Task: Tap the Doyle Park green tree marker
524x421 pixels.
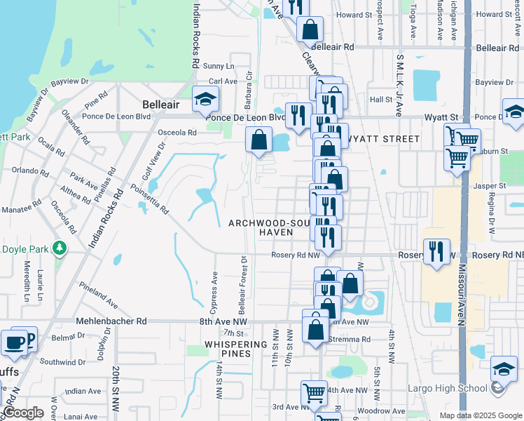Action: click(60, 248)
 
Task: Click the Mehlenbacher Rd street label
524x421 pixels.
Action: click(111, 321)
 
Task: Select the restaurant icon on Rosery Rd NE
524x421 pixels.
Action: click(436, 251)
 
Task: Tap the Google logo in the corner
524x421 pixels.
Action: click(23, 413)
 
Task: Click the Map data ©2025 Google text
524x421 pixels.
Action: click(480, 415)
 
